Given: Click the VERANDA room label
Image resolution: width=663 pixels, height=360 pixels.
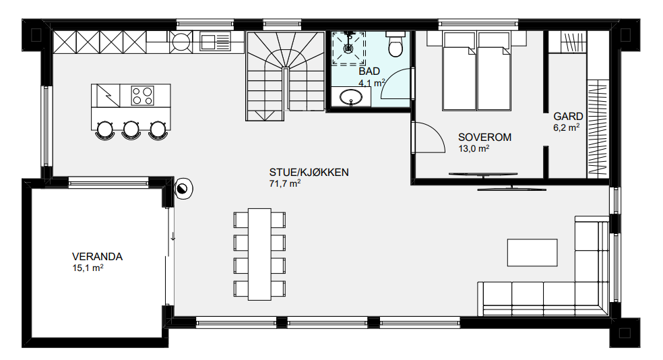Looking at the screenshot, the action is click(x=97, y=256).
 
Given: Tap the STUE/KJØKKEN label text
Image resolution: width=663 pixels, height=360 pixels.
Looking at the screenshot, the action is click(x=309, y=172).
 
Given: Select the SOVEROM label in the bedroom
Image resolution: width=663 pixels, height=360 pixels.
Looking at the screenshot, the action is click(x=484, y=137).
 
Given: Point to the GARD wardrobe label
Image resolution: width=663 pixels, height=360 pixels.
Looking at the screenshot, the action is click(x=568, y=117).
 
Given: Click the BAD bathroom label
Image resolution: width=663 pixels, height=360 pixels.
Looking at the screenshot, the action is click(x=369, y=71).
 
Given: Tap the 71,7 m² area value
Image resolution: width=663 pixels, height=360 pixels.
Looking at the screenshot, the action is click(x=284, y=183).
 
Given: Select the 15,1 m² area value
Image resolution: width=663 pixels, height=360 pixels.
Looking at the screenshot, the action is click(x=88, y=268).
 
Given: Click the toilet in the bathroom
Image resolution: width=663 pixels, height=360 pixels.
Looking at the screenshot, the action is click(x=396, y=44).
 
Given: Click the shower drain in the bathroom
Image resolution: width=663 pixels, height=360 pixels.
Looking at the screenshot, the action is click(x=348, y=48).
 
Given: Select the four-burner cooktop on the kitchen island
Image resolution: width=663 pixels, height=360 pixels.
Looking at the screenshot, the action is click(x=142, y=95).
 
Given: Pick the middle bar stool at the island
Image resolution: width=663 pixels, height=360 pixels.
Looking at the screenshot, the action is click(x=131, y=130).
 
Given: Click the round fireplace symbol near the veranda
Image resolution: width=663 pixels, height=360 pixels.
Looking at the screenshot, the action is click(x=183, y=189).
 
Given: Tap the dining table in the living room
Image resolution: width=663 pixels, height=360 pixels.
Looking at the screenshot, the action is click(x=259, y=254).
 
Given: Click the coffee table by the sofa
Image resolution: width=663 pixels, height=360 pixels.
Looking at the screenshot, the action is click(x=532, y=253).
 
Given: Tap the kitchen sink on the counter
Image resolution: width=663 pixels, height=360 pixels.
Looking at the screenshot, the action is click(x=215, y=42).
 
